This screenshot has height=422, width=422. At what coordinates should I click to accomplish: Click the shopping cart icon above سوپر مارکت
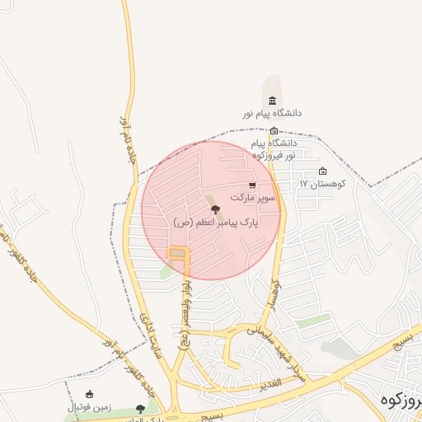(x=252, y=185)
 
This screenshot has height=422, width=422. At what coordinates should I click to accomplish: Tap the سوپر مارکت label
(x=252, y=199)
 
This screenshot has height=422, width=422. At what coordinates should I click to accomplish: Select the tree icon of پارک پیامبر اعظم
(x=216, y=210)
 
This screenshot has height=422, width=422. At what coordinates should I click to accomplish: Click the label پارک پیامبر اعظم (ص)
(x=216, y=223)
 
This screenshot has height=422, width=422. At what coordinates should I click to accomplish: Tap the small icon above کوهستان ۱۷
(x=322, y=171)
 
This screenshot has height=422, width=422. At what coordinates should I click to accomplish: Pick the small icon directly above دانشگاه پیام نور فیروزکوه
(x=274, y=130)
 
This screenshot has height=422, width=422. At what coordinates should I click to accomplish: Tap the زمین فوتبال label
(x=89, y=407)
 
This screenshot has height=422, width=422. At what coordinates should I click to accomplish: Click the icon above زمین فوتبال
(x=89, y=394)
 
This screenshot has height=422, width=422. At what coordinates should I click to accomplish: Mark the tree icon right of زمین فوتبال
(x=140, y=408)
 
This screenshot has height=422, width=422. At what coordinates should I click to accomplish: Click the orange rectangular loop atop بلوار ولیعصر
(x=177, y=252)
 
